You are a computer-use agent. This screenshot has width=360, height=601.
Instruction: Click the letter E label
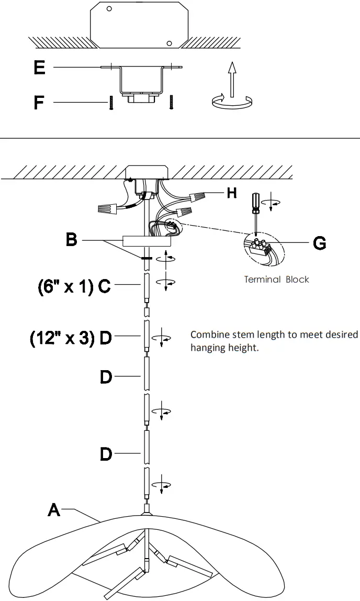click(x=39, y=68)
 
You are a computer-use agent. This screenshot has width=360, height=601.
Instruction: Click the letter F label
click(x=39, y=102)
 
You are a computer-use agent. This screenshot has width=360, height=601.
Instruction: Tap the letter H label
click(x=232, y=193)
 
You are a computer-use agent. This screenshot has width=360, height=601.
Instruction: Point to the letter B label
click(x=72, y=240)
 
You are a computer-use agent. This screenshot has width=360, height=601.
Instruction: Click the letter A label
click(x=54, y=509)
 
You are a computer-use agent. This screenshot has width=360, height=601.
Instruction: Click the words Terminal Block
click(x=276, y=280)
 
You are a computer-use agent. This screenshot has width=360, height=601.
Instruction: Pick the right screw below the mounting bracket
click(x=171, y=102)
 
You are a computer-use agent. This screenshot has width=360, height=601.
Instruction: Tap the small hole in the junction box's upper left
click(x=109, y=9)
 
